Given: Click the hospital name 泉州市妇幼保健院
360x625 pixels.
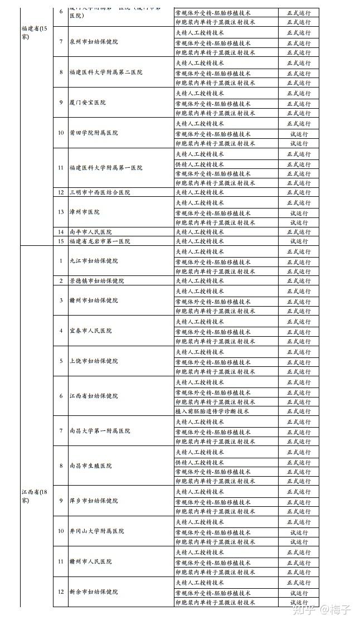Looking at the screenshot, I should (x=93, y=42).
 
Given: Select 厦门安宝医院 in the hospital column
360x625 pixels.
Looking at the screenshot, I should (x=87, y=103).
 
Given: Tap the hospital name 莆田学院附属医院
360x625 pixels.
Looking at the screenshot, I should (x=94, y=133).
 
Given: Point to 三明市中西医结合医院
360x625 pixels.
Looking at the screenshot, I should (x=99, y=192).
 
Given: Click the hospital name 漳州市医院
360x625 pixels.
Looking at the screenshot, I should (x=84, y=212).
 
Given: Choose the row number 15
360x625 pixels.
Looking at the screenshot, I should (x=61, y=241).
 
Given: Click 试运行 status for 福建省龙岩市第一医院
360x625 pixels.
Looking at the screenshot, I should (x=299, y=241).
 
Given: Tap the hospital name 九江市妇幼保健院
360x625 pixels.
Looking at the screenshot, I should (x=94, y=261).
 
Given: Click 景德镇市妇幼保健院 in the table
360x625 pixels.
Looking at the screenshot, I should (x=96, y=281).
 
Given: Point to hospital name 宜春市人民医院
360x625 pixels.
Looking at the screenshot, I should (x=90, y=331).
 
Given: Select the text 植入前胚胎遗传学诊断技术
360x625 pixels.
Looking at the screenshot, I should (x=212, y=411).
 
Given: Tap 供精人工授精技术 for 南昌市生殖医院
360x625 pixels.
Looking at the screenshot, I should (x=200, y=462).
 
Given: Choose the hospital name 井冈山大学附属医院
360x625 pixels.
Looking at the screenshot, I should (x=96, y=531).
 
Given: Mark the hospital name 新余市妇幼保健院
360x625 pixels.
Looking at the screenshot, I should (x=94, y=592).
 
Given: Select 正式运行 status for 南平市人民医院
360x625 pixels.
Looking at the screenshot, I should (x=299, y=232).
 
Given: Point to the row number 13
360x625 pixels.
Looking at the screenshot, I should (x=61, y=212).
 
